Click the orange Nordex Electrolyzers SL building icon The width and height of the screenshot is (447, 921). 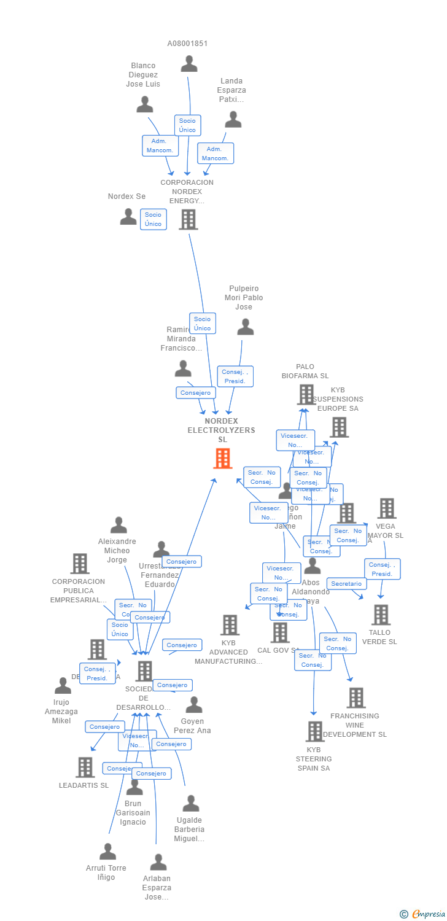coord(222,458)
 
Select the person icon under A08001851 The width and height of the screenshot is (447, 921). coord(189,64)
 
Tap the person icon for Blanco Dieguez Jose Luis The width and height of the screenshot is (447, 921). coord(145,104)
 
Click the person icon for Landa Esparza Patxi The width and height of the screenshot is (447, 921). coord(233,119)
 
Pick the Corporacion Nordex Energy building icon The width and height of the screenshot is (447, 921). coord(189,219)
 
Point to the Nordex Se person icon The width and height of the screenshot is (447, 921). coord(128,216)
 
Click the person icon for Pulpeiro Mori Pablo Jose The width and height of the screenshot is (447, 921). coord(246,327)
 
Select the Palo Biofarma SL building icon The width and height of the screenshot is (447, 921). coord(306,394)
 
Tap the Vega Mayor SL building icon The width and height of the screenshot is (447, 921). coord(387,508)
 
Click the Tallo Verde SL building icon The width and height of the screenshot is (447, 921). coord(381,615)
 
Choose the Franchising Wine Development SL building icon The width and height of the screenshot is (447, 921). coord(356,698)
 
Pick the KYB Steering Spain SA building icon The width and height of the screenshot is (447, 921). coord(314,731)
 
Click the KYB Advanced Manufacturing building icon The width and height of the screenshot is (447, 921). coord(230,625)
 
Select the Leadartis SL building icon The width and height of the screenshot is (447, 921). coord(85,767)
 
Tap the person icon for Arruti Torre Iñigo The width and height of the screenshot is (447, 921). coord(108,851)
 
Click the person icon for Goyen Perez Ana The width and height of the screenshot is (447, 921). coord(194,705)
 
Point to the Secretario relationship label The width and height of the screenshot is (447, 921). coord(346,583)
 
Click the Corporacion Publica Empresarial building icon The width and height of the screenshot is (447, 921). coord(80,563)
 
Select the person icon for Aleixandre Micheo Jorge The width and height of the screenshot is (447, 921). coord(119,525)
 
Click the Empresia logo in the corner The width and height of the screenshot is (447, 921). coord(424,914)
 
